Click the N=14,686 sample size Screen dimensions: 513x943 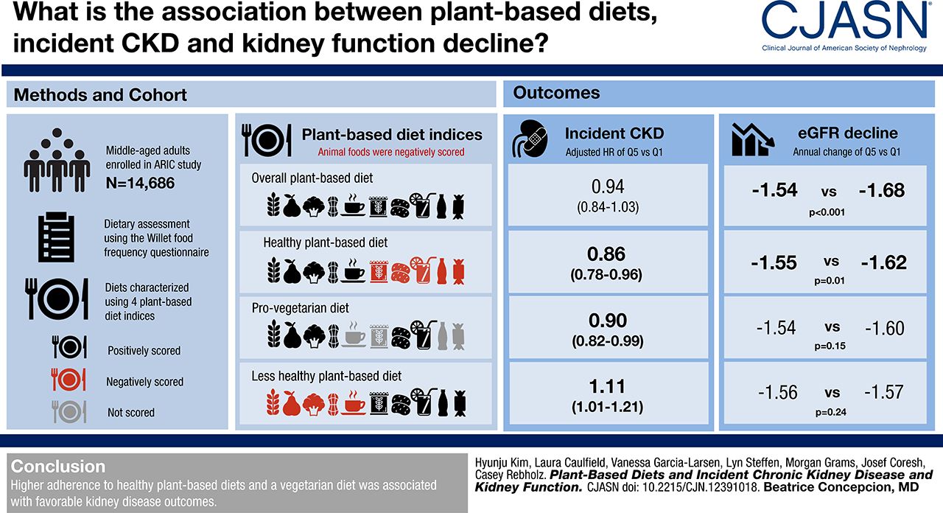(141, 183)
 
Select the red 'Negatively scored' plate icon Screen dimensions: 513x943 (69, 380)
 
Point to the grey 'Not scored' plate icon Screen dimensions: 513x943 (69, 412)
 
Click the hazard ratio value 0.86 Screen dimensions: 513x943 (606, 254)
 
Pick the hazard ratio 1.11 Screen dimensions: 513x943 (606, 385)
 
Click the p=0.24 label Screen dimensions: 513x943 (830, 413)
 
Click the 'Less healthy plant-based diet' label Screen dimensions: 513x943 (327, 376)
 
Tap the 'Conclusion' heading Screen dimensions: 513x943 (58, 467)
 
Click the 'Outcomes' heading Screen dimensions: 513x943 (556, 93)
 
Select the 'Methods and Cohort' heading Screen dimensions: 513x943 (100, 95)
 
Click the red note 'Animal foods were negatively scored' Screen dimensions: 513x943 (392, 152)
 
